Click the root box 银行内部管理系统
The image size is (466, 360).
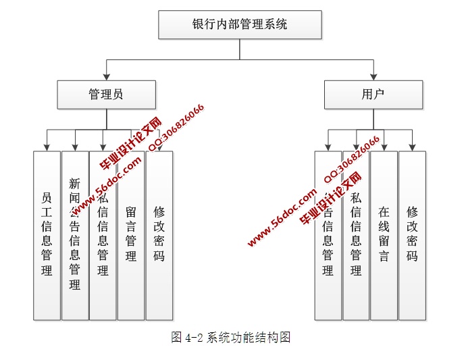pos(240,25)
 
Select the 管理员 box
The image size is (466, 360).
pos(106,95)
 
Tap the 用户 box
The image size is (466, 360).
pos(373,95)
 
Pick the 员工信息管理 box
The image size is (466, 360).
pos(47,235)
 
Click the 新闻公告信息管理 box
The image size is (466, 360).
pos(75,235)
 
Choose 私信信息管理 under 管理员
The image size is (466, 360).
pos(103,235)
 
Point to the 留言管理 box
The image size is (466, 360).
pos(131,235)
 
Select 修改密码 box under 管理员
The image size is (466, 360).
pos(159,235)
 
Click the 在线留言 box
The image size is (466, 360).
pos(384,235)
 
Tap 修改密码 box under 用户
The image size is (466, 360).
pos(412,235)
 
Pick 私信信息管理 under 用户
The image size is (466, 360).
pos(356,235)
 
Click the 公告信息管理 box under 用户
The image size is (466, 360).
pos(328,235)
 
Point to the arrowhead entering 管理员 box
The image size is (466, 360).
pos(106,77)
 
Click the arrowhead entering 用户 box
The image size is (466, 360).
pos(373,77)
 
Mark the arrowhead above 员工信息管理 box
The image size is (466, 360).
pos(47,147)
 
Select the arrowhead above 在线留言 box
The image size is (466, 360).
pos(384,147)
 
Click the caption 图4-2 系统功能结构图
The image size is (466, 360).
pos(231,338)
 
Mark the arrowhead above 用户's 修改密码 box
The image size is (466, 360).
pos(412,147)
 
